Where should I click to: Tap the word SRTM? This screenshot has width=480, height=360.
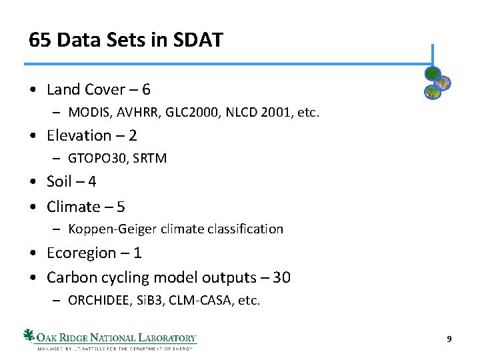pyautogui.click(x=151, y=159)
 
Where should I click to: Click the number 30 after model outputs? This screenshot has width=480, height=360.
pyautogui.click(x=282, y=277)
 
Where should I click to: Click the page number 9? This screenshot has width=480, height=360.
pyautogui.click(x=449, y=339)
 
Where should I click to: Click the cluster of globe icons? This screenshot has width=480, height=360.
pyautogui.click(x=437, y=83)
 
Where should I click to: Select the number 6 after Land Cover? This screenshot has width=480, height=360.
pyautogui.click(x=146, y=89)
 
